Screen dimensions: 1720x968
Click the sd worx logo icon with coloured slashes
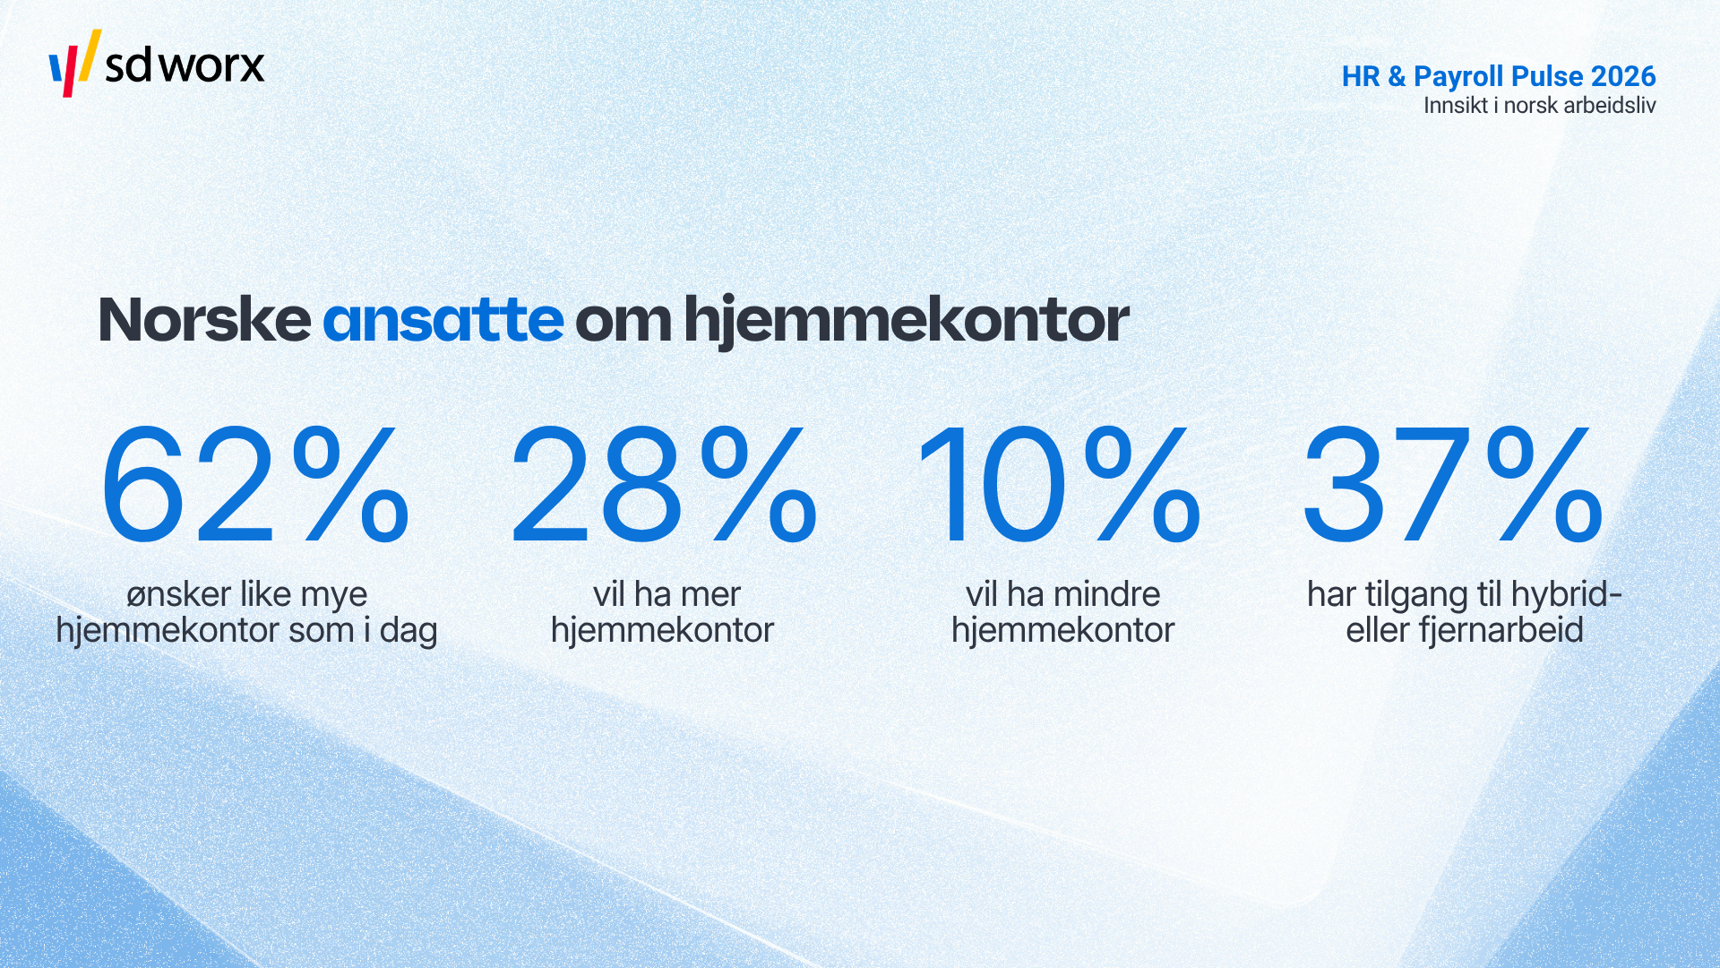(74, 63)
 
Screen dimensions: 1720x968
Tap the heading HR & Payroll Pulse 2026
(1499, 77)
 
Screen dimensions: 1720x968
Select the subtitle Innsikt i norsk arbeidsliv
(1539, 106)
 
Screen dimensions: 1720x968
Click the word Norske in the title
(204, 319)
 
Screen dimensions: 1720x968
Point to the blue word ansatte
(443, 321)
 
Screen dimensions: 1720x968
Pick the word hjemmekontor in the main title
(906, 321)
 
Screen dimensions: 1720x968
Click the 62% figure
(255, 485)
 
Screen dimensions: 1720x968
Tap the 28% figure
(663, 485)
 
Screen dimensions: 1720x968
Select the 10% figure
(1060, 485)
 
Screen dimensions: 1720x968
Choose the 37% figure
(1452, 485)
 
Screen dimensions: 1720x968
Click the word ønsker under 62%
(179, 595)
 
